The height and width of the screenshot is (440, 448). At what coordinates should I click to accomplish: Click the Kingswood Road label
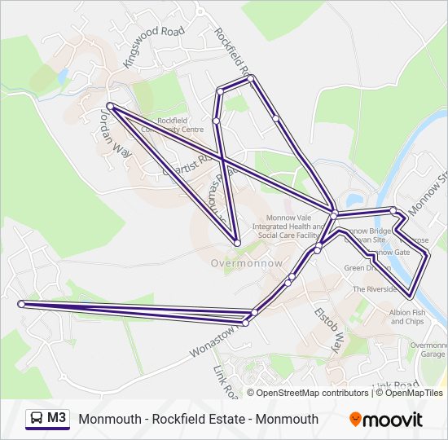tap(152, 46)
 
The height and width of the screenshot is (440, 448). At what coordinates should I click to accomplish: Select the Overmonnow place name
tap(246, 263)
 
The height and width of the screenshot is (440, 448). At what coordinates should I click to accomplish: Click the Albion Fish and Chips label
tap(407, 316)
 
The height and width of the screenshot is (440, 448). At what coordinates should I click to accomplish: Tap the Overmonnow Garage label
tap(428, 350)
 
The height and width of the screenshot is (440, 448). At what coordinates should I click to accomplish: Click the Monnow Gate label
tap(389, 253)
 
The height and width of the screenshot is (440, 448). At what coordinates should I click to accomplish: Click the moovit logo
tap(386, 420)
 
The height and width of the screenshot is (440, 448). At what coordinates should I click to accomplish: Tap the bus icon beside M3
tap(37, 419)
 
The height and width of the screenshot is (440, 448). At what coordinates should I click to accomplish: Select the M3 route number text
tap(57, 419)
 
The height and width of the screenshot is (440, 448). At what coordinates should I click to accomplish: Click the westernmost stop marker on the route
tap(22, 304)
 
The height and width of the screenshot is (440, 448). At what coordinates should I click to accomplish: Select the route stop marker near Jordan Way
tap(111, 106)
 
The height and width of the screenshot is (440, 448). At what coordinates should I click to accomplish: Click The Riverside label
tap(374, 289)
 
